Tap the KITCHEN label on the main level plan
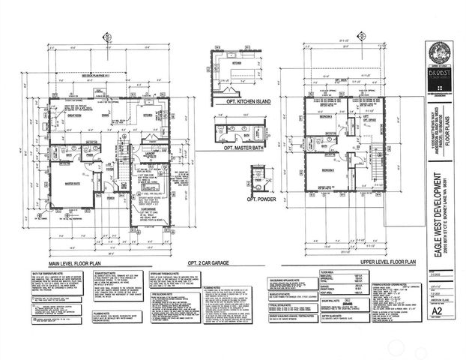coord(148,115)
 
